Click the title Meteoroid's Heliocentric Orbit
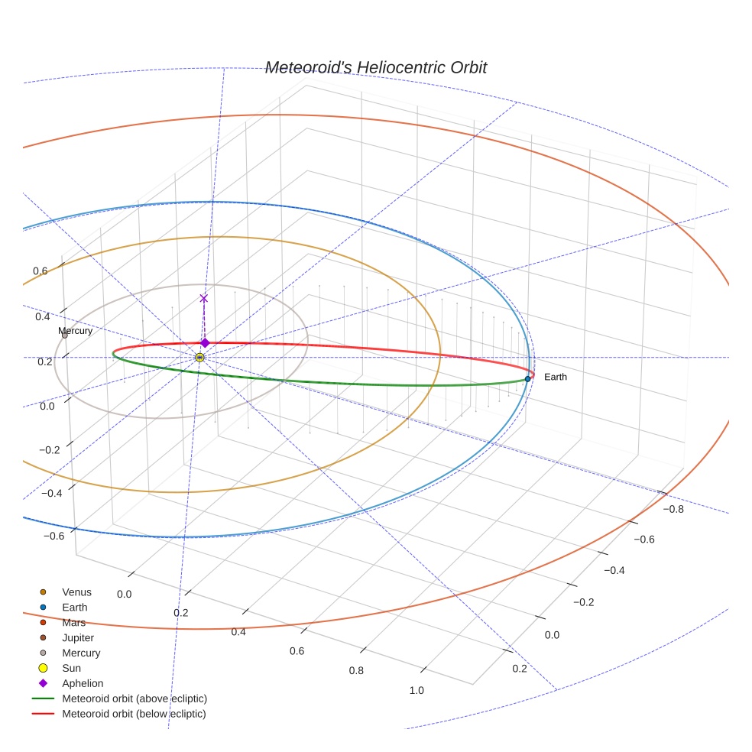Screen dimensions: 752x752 375,68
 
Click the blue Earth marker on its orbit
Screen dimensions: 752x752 527,378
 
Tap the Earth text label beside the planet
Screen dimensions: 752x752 556,377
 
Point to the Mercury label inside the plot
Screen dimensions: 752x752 76,331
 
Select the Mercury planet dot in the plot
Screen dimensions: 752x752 64,335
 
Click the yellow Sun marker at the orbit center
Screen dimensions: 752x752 199,357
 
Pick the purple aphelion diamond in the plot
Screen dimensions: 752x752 205,342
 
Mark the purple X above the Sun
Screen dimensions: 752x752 203,298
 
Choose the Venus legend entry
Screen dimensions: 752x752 76,592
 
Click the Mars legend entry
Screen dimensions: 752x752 74,622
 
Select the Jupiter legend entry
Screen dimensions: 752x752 78,637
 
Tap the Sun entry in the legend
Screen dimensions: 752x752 72,668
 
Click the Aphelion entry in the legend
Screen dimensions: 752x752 83,683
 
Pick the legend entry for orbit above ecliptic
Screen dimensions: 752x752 135,699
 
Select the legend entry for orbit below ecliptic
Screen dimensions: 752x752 134,714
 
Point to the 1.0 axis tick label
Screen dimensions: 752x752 417,690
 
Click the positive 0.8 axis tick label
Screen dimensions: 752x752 356,670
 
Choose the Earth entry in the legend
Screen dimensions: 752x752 75,607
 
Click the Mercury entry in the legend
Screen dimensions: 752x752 81,653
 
